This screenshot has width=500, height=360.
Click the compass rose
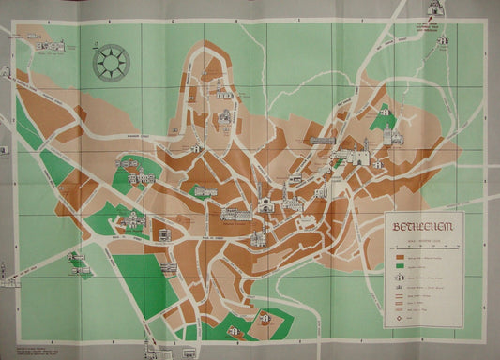click(x=111, y=62)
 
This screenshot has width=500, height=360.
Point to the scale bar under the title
click(x=423, y=238)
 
